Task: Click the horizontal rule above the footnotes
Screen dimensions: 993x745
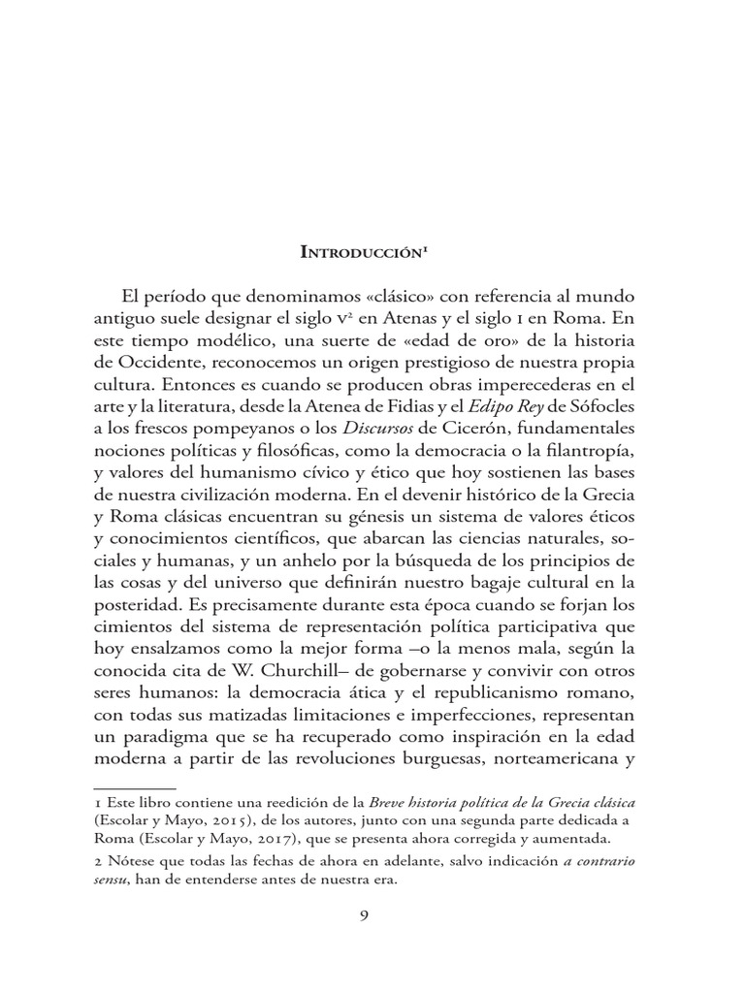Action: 133,790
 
